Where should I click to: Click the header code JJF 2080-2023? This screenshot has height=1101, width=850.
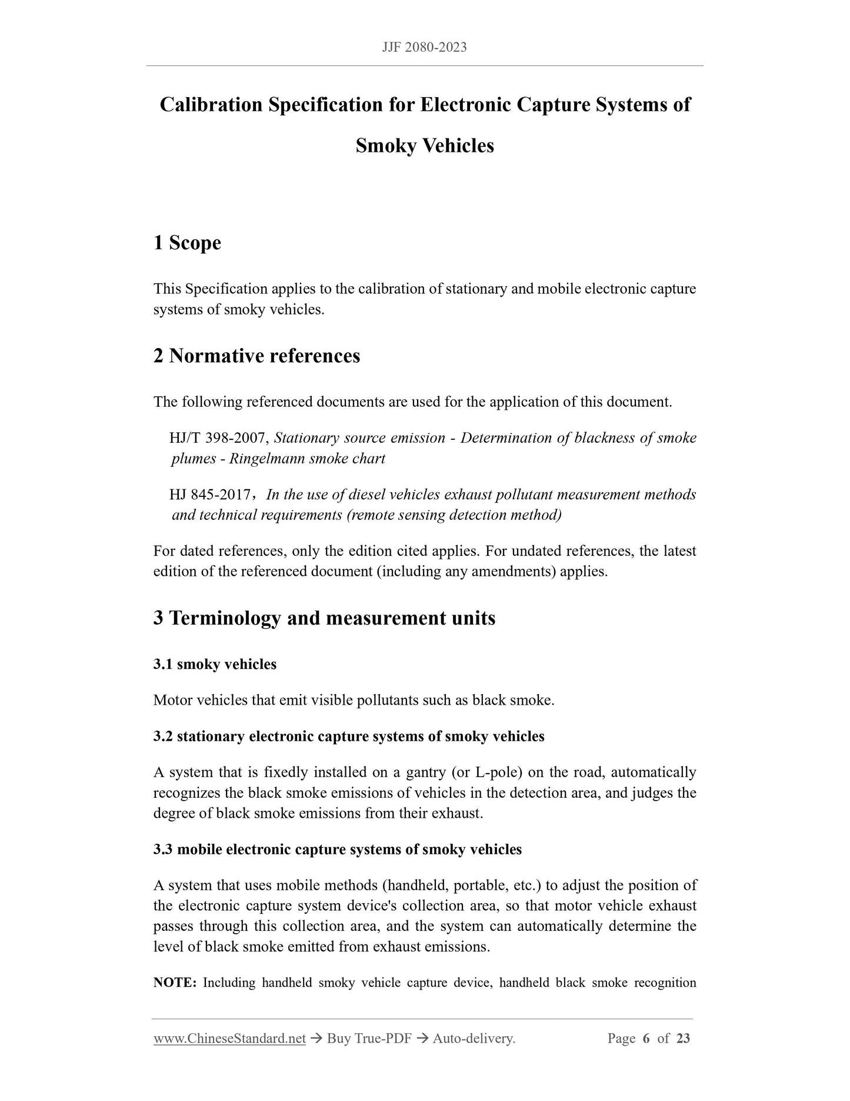click(x=424, y=47)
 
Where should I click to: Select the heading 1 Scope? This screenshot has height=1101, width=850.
click(x=187, y=243)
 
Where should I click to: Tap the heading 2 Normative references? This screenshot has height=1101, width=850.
click(x=256, y=356)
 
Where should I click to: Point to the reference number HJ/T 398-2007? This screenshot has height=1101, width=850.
click(x=219, y=438)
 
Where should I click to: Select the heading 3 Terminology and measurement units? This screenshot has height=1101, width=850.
click(x=324, y=618)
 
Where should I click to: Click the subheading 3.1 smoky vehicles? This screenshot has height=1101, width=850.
click(x=215, y=664)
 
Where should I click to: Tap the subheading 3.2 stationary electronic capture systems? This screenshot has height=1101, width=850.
click(x=348, y=737)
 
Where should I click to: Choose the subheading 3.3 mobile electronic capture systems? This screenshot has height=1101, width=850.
click(x=337, y=850)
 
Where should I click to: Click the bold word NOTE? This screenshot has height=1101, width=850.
click(x=175, y=983)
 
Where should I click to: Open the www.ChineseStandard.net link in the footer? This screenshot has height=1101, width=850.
click(x=229, y=1039)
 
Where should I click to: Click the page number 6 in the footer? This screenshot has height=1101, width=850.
click(x=646, y=1039)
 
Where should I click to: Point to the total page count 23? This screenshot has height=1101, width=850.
click(x=683, y=1039)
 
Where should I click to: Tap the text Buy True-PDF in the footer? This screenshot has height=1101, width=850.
click(x=369, y=1039)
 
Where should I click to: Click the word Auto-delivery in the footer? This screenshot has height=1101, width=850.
click(x=474, y=1039)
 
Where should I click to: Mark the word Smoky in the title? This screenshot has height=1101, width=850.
click(x=386, y=145)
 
